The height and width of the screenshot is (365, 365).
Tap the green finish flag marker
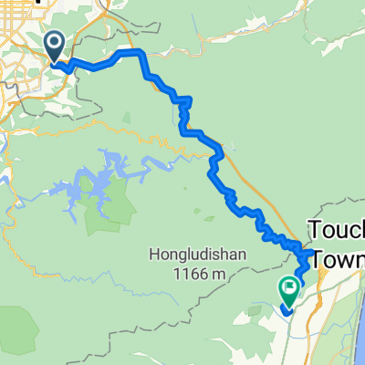[x=290, y=290]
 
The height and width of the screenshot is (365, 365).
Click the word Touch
[x=337, y=228]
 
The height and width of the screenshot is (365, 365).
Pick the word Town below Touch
[x=340, y=259]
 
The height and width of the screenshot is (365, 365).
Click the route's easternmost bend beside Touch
[x=312, y=253]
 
